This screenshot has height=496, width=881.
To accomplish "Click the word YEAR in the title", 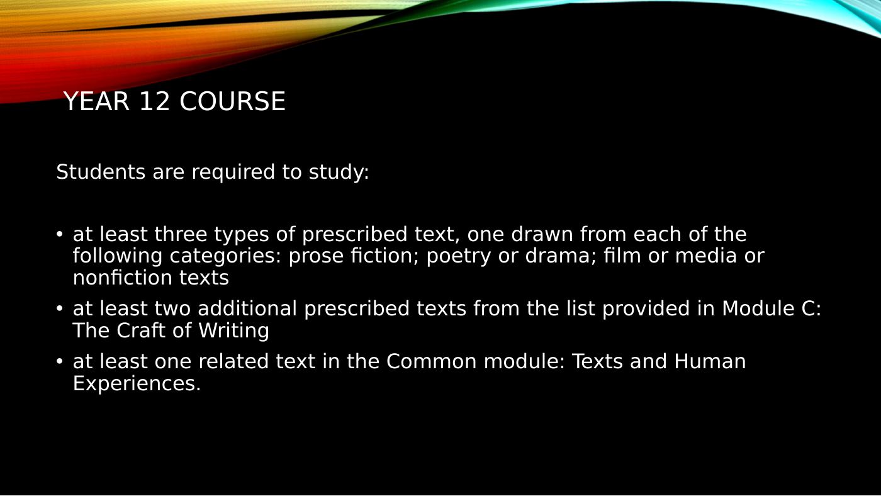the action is click(96, 101).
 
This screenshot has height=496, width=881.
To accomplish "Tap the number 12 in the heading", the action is click(155, 101).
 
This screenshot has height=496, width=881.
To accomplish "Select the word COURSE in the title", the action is click(232, 101).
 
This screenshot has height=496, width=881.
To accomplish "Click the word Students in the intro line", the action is click(101, 172).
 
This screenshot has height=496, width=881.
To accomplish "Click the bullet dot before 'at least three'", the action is click(59, 234).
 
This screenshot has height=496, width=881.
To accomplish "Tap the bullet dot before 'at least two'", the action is click(59, 308).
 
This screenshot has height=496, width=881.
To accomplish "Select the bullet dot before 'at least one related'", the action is click(59, 361).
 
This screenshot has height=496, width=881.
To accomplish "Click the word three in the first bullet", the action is click(181, 234).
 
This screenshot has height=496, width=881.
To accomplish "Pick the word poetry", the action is click(459, 257).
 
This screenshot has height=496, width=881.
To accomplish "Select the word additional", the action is click(247, 308).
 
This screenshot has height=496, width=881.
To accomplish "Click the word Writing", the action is click(233, 331).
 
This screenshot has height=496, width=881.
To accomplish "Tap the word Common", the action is click(432, 361).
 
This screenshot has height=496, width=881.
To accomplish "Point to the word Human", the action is click(710, 361).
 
